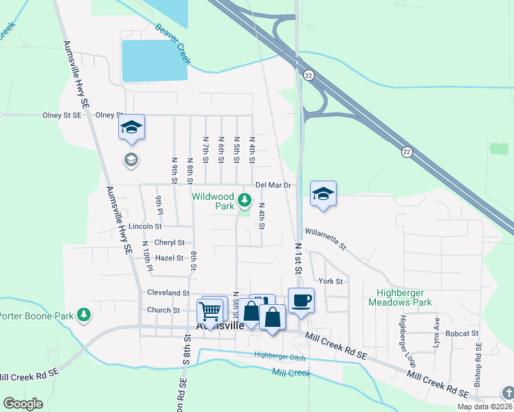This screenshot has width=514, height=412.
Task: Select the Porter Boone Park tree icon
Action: pos(84,315)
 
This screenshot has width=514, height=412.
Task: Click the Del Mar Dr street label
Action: pos(273,185)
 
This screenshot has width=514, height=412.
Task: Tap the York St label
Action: pos(331,282)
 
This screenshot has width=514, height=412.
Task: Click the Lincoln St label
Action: pos(144,226)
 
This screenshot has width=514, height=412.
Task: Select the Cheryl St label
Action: pos(169,242)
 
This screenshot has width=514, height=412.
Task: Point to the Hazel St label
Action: pos(169,258)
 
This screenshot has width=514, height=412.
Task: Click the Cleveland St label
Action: pos(168,293)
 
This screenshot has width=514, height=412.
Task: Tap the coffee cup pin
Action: pos(301,299)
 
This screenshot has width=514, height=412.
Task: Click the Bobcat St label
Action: pos(461,334)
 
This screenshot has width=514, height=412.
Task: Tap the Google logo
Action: pos(23,404)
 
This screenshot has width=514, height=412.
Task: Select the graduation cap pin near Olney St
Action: pos(131,127)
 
